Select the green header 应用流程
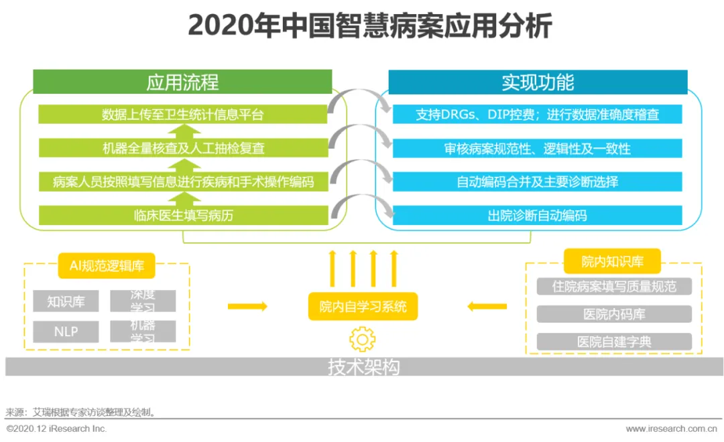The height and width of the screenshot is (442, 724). click(182, 82)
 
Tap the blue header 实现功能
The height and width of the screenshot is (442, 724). click(538, 82)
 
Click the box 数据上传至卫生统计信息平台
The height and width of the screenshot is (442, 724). click(183, 115)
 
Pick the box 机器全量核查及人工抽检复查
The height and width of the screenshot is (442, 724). click(183, 148)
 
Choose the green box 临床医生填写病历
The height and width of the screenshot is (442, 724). click(183, 215)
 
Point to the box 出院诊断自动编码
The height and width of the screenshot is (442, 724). click(537, 215)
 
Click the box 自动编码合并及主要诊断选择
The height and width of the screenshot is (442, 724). click(537, 181)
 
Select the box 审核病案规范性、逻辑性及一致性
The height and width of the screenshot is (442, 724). click(537, 148)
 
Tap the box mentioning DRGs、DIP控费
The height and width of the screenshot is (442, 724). click(537, 115)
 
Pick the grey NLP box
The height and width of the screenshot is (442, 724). click(66, 331)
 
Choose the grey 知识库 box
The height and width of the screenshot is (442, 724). click(66, 301)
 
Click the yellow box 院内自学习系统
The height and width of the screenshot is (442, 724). click(363, 307)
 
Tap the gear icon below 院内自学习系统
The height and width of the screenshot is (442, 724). click(363, 340)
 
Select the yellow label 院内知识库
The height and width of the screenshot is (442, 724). click(612, 262)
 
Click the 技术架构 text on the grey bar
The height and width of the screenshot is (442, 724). click(363, 367)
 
